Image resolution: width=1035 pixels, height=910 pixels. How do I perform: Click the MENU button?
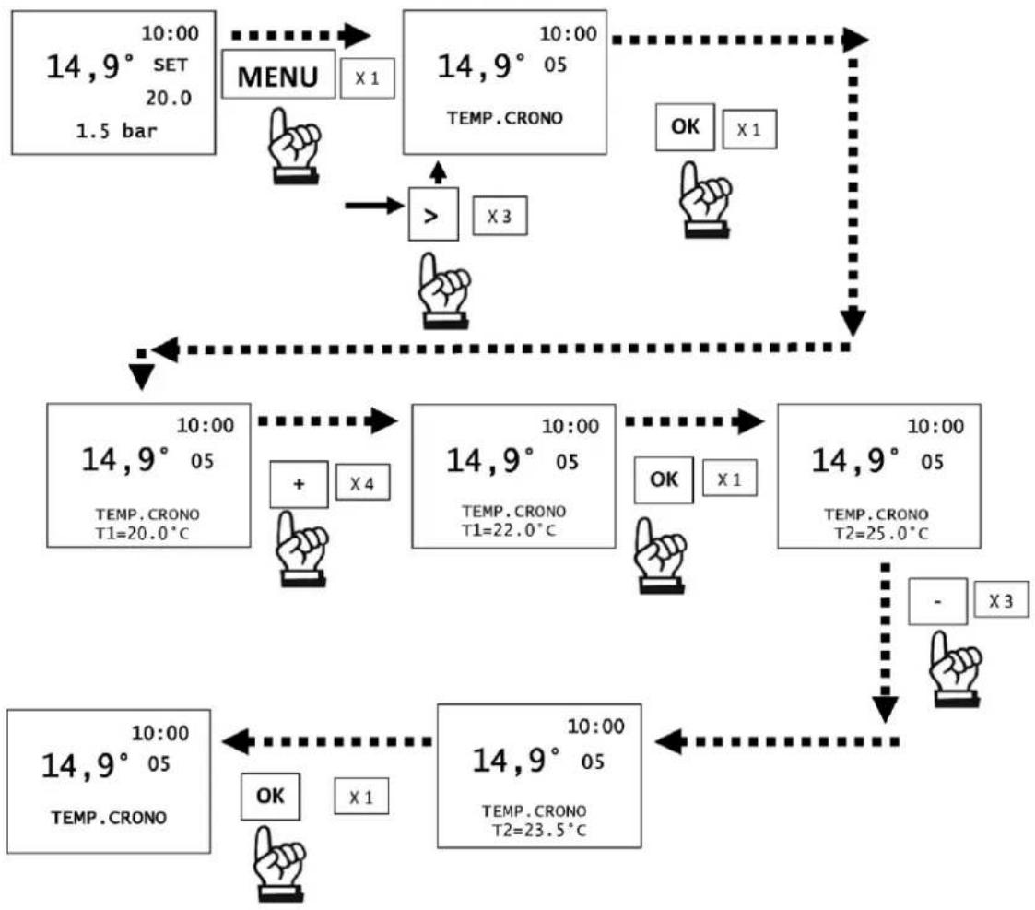pos(278,75)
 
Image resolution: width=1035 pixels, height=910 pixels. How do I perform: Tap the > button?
pos(433,215)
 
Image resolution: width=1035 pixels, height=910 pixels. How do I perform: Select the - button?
pos(937,601)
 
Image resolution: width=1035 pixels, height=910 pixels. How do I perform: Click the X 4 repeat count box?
pos(362,483)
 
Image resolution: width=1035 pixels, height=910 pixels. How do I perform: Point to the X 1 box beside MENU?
pos(367,78)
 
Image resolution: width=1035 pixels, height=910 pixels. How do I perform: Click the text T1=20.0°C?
pos(142,534)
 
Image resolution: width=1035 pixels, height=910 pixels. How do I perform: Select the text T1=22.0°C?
pos(508,530)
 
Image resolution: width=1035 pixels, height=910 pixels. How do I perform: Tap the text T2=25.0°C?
pos(880,534)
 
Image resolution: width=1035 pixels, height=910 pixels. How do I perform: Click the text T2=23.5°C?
pos(538,830)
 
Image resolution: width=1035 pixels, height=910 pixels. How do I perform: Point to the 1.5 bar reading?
pos(116,130)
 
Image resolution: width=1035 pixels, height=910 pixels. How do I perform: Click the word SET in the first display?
pos(171,65)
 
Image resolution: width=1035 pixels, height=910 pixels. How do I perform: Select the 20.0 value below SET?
pos(169,98)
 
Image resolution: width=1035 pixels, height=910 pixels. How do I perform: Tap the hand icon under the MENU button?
pos(294,146)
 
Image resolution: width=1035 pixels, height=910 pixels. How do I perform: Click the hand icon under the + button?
pos(301,549)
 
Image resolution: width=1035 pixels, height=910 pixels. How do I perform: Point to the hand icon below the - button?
pos(955,669)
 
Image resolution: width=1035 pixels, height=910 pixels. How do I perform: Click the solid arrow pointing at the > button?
pos(374,206)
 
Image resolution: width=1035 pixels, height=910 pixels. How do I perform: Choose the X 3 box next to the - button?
pos(1001,599)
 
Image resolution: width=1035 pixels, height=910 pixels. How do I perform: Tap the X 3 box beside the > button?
pos(500,215)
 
